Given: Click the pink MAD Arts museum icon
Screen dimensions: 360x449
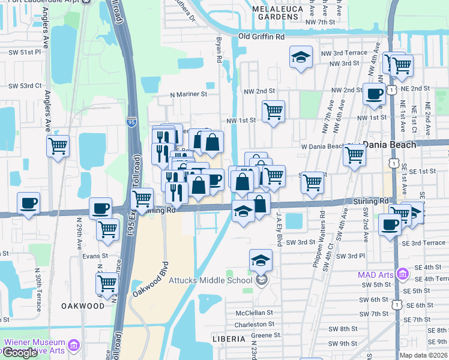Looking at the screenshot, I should [402, 275].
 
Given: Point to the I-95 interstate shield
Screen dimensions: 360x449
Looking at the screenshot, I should [132, 123].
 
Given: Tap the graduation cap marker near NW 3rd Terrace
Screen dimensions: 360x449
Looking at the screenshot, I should [301, 58].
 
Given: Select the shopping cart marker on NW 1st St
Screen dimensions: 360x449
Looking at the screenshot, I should [273, 111].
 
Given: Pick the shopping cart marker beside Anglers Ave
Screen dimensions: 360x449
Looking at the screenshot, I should [58, 146].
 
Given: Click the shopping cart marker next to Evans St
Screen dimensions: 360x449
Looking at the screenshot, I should [107, 283].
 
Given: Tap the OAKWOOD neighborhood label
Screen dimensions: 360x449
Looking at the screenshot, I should [83, 306].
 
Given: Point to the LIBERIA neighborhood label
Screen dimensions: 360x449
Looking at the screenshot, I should [229, 339].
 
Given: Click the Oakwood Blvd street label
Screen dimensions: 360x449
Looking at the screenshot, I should [149, 277].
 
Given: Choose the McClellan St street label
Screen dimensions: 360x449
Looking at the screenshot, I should [254, 313].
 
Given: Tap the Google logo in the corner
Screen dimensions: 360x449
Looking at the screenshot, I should [20, 353].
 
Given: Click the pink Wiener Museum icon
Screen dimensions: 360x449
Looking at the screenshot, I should [74, 346].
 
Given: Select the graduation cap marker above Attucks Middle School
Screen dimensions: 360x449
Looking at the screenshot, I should [261, 260].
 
